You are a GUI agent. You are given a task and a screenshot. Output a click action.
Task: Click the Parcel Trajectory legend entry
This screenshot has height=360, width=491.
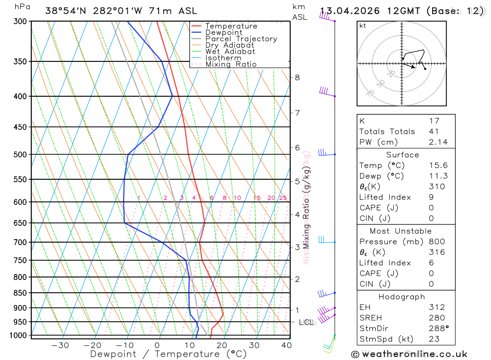(x=241, y=39)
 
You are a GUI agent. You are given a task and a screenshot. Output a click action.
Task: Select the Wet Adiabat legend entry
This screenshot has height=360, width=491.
(x=230, y=52)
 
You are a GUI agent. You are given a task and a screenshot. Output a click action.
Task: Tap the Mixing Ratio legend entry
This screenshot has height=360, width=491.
(x=231, y=64)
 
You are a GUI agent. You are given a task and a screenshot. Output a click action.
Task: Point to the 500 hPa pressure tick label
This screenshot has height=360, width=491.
(x=20, y=155)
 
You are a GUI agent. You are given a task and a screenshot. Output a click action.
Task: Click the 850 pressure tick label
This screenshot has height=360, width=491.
(x=20, y=293)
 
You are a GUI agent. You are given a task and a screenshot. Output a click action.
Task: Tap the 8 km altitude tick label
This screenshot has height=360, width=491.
(x=297, y=78)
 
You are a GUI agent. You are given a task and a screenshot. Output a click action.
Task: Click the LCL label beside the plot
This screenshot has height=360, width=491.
(x=306, y=323)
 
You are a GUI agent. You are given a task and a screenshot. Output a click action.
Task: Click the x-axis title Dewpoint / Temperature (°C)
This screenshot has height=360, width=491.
(x=168, y=354)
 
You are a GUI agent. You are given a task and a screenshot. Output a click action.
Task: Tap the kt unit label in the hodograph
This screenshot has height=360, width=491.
(x=363, y=26)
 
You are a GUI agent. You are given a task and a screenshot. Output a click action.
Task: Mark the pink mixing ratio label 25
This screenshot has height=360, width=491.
(x=283, y=198)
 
